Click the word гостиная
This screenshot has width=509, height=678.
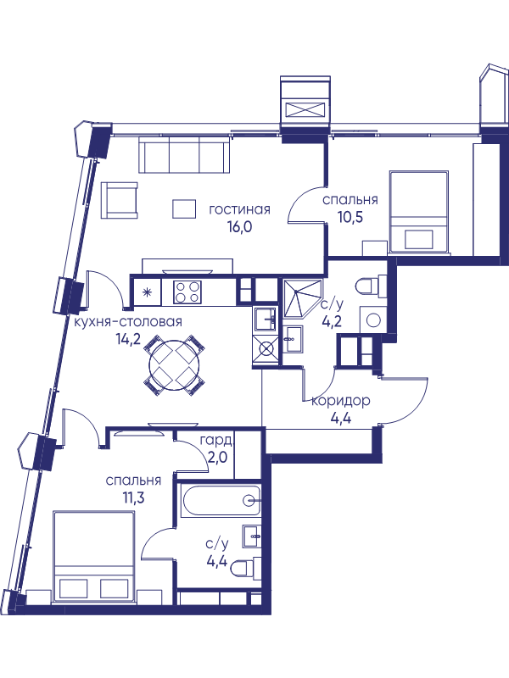point(239,209)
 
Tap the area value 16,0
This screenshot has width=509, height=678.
point(239,226)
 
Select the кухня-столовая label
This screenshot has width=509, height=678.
point(128,322)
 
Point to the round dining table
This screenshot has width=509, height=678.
point(174,365)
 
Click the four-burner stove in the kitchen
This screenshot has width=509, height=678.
point(187,292)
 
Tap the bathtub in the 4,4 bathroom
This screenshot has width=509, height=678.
point(221,500)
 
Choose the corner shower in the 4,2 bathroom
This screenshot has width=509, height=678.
point(302,298)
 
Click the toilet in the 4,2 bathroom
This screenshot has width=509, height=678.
point(371,286)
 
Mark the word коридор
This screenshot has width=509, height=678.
point(341,401)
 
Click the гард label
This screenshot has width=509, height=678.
point(216,442)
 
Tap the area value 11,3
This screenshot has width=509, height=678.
point(133,497)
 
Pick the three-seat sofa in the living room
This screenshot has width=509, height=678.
point(184,155)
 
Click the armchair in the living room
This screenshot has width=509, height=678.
point(119,200)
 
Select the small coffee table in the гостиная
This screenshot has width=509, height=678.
point(184,208)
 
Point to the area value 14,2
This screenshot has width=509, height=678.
point(129,340)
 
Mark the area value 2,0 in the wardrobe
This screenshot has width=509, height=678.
point(217,458)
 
